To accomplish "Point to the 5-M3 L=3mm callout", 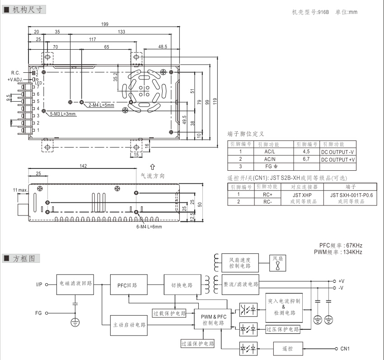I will pyautogui.click(x=63, y=114).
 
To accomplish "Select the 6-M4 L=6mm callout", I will pyautogui.click(x=150, y=226).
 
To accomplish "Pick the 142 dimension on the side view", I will pyautogui.click(x=83, y=166).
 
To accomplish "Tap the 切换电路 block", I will pyautogui.click(x=182, y=285).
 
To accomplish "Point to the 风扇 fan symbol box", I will pyautogui.click(x=278, y=262).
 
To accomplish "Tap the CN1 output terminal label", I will pyautogui.click(x=345, y=349).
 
